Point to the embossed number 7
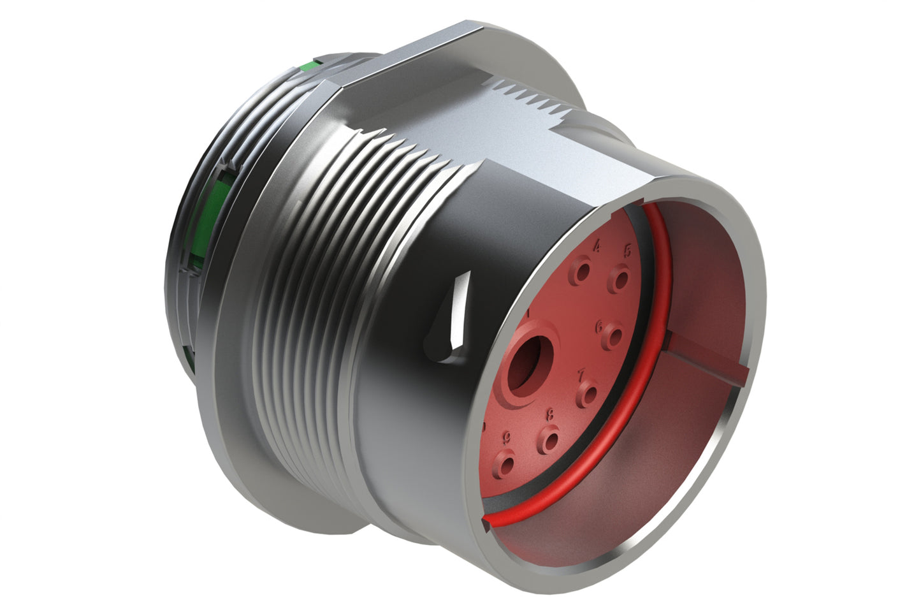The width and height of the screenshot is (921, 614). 581,374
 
